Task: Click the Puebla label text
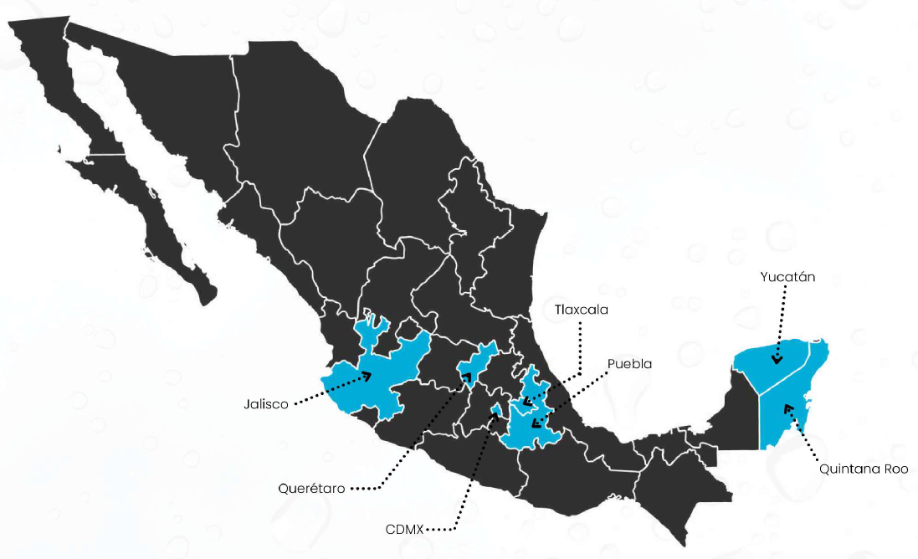pos(629,364)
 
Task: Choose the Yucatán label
pos(787,276)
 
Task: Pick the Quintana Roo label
pos(864,469)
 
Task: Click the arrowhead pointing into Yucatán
pos(777,361)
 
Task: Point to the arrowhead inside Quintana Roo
pos(787,408)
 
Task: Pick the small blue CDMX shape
pos(496,410)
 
